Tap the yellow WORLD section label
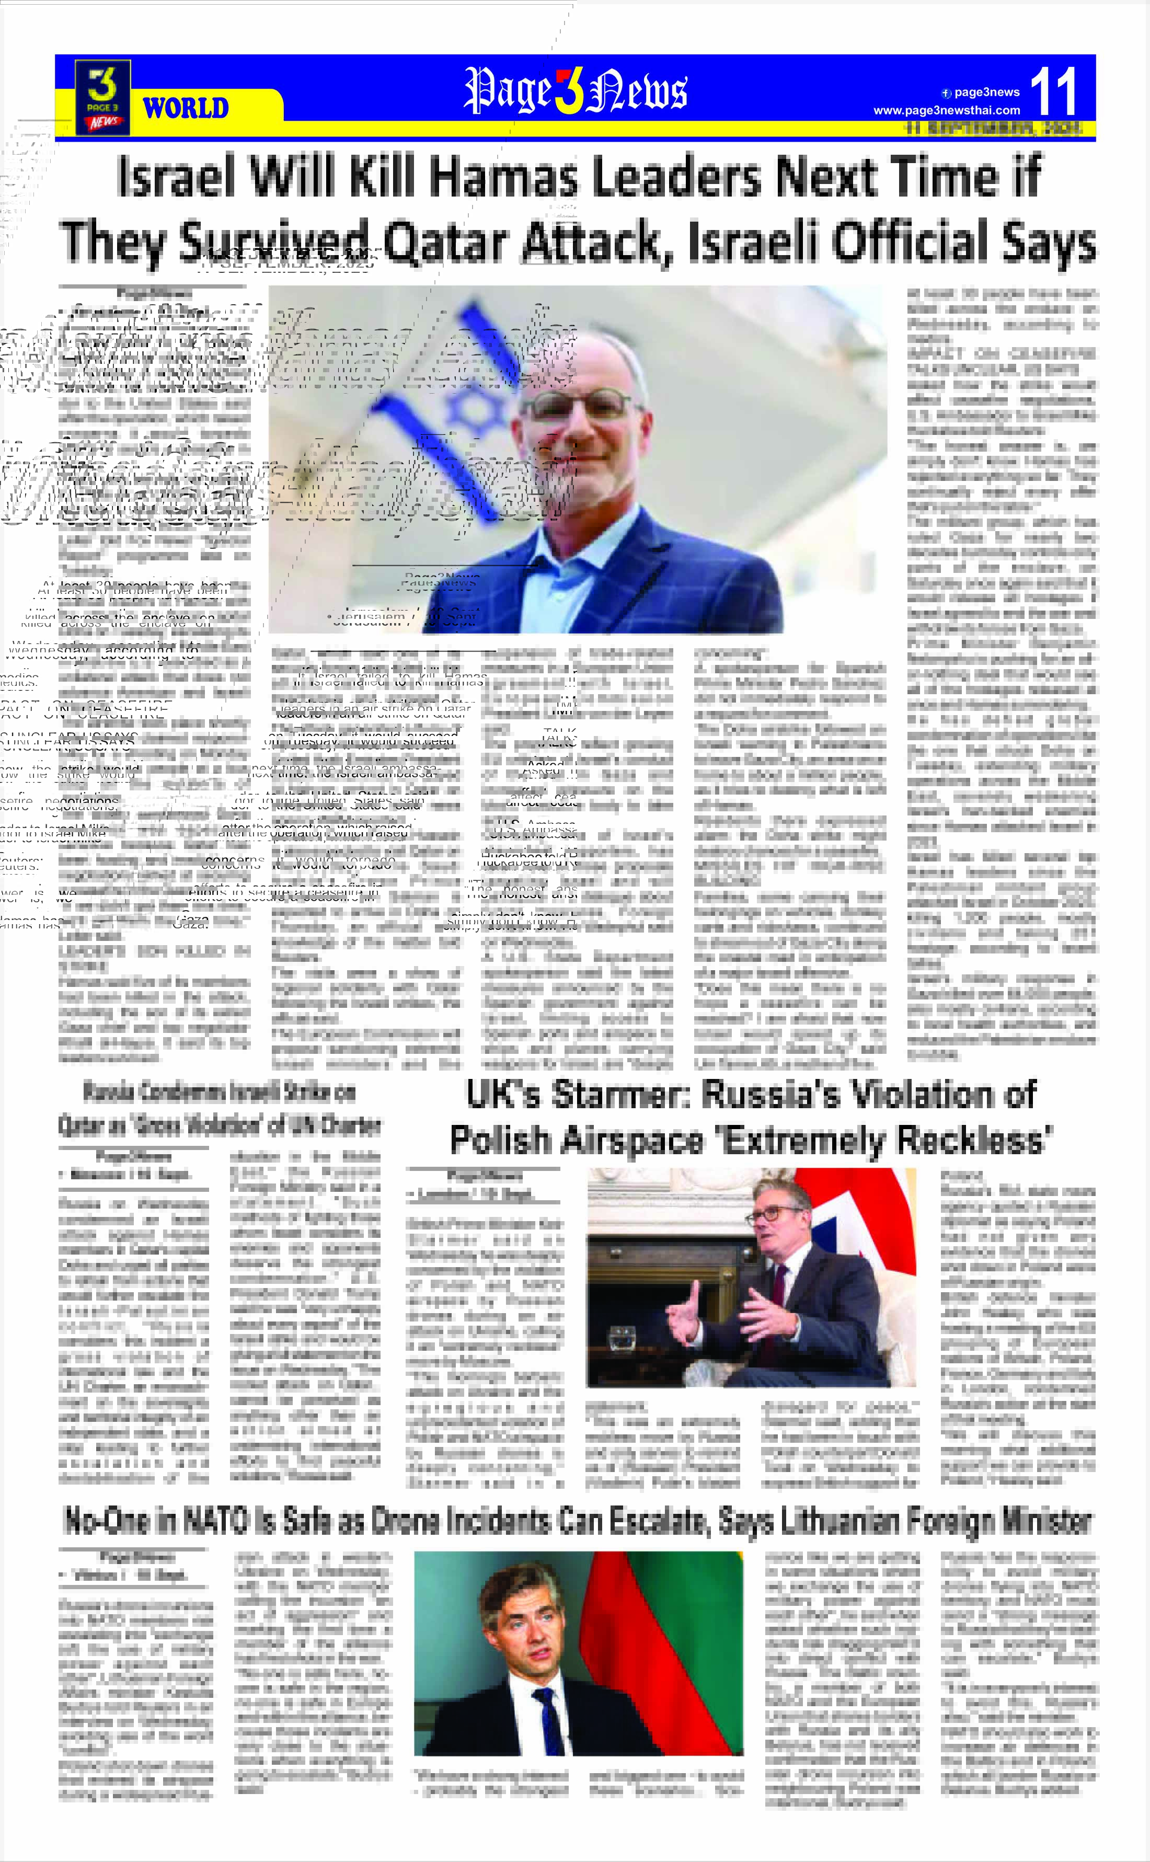click(186, 108)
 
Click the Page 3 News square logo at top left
click(102, 97)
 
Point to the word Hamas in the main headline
click(508, 177)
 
